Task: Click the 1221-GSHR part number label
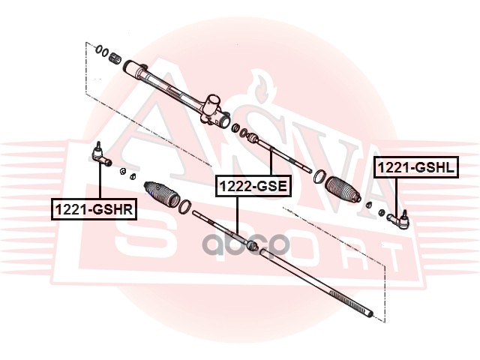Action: coord(93,209)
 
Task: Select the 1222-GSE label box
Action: coord(253,184)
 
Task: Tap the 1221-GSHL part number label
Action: coord(415,168)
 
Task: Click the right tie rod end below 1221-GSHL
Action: coord(397,219)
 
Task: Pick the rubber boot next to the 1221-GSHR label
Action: coord(162,193)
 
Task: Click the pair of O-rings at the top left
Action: coord(100,51)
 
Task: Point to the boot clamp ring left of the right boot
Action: coord(319,176)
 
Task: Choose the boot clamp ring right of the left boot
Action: coord(185,205)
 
